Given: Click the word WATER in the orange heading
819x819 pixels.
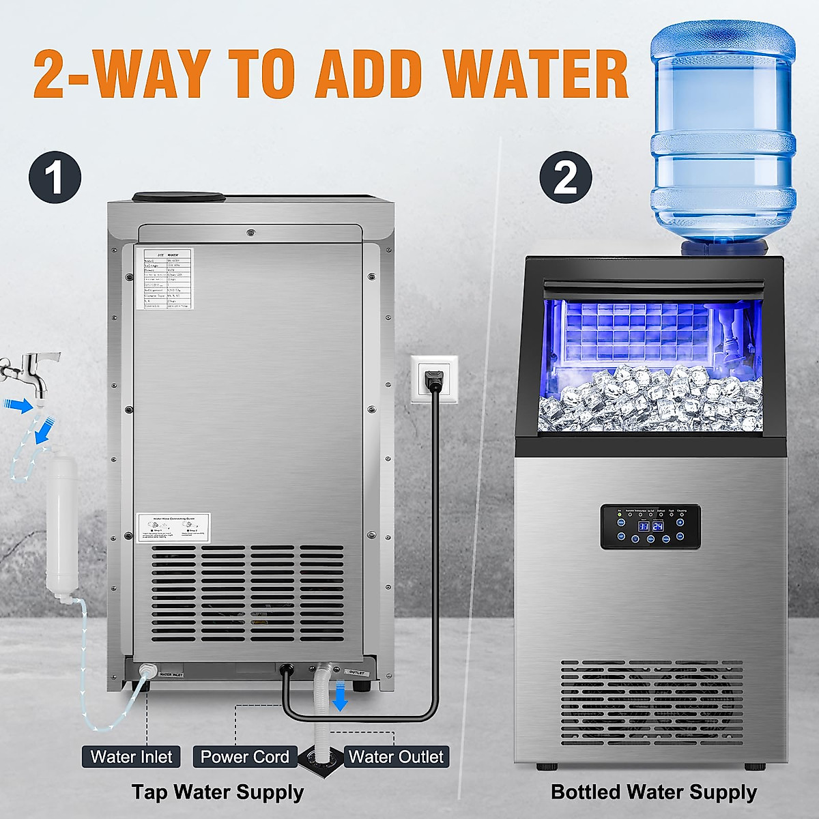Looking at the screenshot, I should (x=536, y=74).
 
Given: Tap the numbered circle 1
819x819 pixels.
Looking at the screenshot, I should (x=55, y=177).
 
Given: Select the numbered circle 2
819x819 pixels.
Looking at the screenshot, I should (x=565, y=177).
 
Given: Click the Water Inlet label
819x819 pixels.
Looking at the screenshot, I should (x=132, y=757).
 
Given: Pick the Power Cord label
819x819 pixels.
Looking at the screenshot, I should (x=245, y=757).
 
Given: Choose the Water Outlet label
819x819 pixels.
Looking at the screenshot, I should (x=396, y=757).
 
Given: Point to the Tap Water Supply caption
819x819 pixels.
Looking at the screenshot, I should (x=217, y=792).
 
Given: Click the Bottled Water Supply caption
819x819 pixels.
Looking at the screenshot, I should (x=653, y=792).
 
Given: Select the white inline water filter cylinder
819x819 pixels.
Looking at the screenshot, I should (x=61, y=526).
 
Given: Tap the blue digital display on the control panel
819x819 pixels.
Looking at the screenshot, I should (x=650, y=526).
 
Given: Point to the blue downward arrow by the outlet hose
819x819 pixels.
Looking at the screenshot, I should (x=340, y=698).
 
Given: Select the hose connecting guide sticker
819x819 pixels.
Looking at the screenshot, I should (x=173, y=528).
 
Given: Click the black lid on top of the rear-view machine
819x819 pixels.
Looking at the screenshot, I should (x=179, y=197).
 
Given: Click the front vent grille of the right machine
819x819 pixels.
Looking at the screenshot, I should (x=652, y=703).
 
